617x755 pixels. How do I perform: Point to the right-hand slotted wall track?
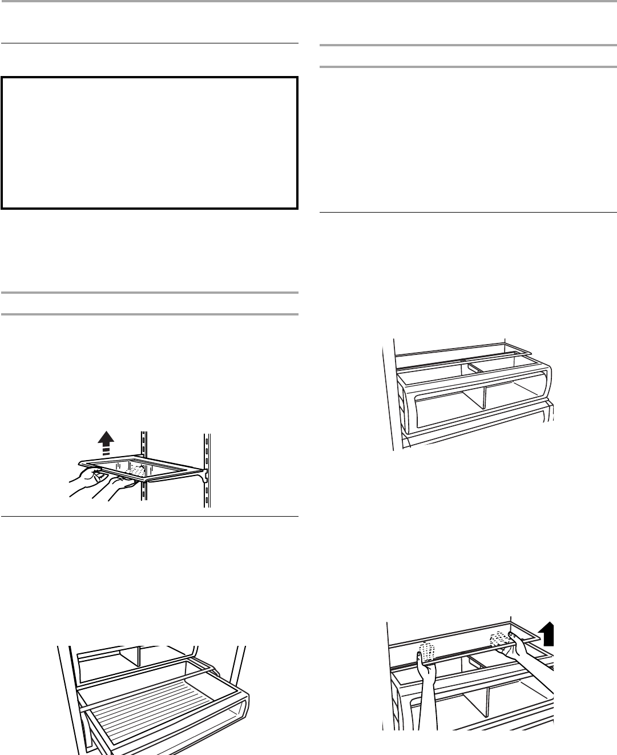coord(207,469)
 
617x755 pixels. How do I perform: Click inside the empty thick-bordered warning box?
coord(150,143)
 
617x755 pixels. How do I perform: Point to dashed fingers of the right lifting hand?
coord(499,636)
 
